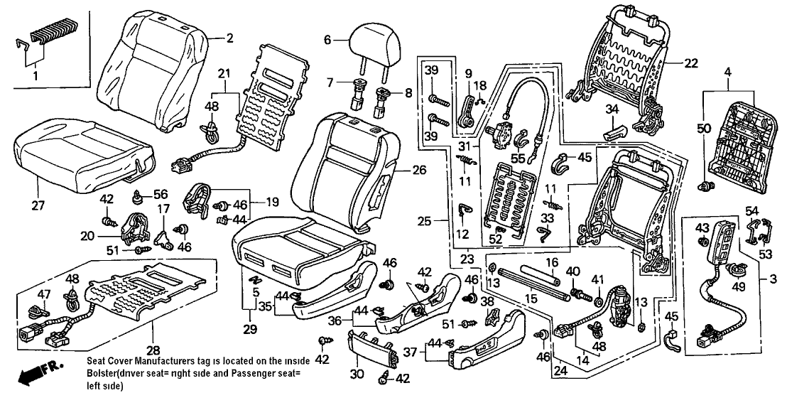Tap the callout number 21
[x=224, y=74]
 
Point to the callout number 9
[x=468, y=74]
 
